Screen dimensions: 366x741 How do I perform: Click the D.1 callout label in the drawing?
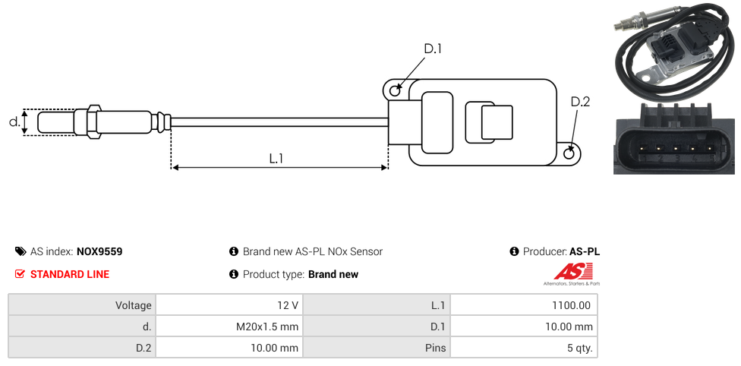(432, 49)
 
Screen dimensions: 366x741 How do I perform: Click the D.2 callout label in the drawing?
(579, 103)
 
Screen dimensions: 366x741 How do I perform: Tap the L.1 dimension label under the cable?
(276, 159)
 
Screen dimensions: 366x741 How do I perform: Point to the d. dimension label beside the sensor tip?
(14, 121)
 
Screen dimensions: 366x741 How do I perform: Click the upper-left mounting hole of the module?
(395, 91)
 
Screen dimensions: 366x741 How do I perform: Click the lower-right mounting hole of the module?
(569, 153)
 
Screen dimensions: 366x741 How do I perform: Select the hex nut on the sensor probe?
(94, 121)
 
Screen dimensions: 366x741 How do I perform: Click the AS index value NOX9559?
(99, 251)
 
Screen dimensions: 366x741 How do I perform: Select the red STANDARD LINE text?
(69, 274)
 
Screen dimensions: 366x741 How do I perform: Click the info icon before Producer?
(514, 251)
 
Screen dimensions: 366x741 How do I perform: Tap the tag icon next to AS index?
(20, 251)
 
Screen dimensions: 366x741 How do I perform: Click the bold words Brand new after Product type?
(333, 274)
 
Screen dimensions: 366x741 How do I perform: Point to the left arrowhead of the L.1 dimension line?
(175, 167)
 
